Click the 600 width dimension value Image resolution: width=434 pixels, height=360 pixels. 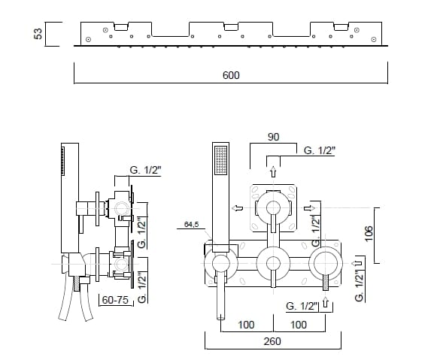pos(231,75)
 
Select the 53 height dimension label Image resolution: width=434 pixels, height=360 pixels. pos(38,34)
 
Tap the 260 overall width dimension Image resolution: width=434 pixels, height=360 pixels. pos(272,341)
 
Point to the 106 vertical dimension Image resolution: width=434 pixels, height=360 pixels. pos(369,234)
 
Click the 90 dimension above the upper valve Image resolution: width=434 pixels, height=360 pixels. pos(274,137)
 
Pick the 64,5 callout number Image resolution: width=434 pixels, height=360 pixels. pos(192,224)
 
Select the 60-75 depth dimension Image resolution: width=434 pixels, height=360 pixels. pos(115,300)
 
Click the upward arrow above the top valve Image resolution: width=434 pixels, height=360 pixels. pos(273,171)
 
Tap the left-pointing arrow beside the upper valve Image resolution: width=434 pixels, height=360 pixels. pos(238,208)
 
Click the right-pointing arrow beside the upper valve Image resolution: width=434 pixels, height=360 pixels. pos(309,208)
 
